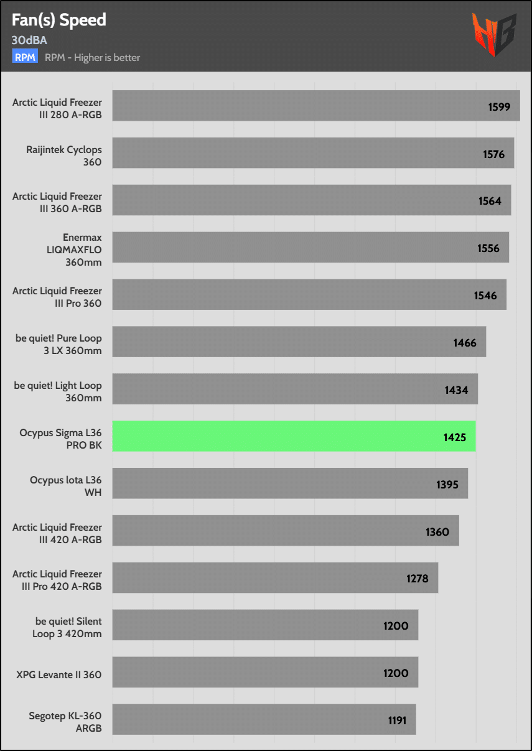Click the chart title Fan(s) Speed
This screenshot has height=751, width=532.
[59, 20]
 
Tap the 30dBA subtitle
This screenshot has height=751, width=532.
[29, 40]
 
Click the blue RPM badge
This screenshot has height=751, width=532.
[25, 57]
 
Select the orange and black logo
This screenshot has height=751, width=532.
[494, 35]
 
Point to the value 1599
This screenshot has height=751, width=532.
[499, 107]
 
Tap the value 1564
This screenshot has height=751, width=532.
[490, 201]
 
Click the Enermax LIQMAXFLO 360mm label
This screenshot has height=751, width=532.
[82, 250]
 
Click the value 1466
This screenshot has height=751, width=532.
[465, 343]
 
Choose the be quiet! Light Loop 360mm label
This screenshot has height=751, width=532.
[58, 391]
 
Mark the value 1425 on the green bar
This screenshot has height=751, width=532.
[455, 437]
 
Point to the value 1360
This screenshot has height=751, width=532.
[437, 532]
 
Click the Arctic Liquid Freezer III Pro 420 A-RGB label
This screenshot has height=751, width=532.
[57, 580]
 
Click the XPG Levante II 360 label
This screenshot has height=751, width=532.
[59, 674]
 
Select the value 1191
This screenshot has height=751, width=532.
[396, 721]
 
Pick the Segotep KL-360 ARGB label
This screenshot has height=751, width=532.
[65, 722]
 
